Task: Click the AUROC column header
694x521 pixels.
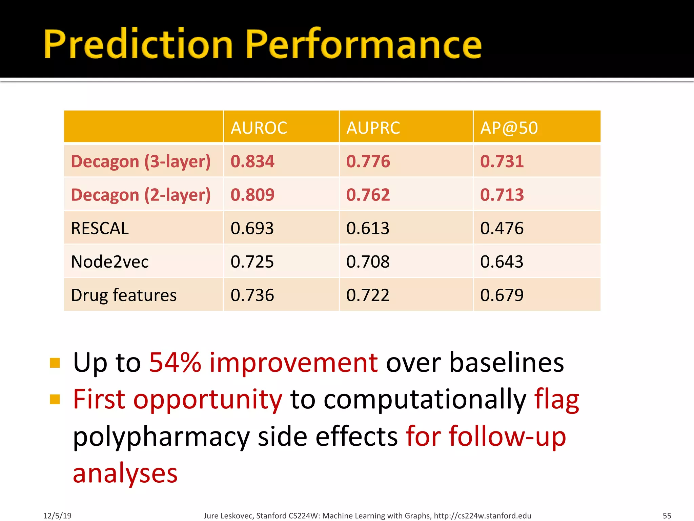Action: [259, 128]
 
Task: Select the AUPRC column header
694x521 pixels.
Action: [373, 128]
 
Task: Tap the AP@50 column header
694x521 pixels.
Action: [509, 128]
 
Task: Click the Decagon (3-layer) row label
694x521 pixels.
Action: [141, 161]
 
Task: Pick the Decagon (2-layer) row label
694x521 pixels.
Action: [141, 195]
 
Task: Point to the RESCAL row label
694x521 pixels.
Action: [100, 228]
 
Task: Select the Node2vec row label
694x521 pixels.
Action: [110, 262]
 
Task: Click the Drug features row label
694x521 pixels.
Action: [124, 295]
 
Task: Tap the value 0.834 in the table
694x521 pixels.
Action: [252, 161]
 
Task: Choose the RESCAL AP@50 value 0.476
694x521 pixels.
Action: [502, 228]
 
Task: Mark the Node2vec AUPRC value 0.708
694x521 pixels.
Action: [368, 262]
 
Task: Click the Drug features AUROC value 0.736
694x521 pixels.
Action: [252, 295]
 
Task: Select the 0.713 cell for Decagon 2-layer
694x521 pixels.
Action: [502, 195]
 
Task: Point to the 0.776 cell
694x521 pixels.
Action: [368, 161]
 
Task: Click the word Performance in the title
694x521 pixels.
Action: [363, 44]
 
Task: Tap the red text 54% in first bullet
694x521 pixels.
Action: [175, 363]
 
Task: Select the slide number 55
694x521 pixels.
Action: [667, 516]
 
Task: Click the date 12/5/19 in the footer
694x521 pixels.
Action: [57, 516]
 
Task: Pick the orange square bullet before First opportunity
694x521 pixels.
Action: [55, 399]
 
